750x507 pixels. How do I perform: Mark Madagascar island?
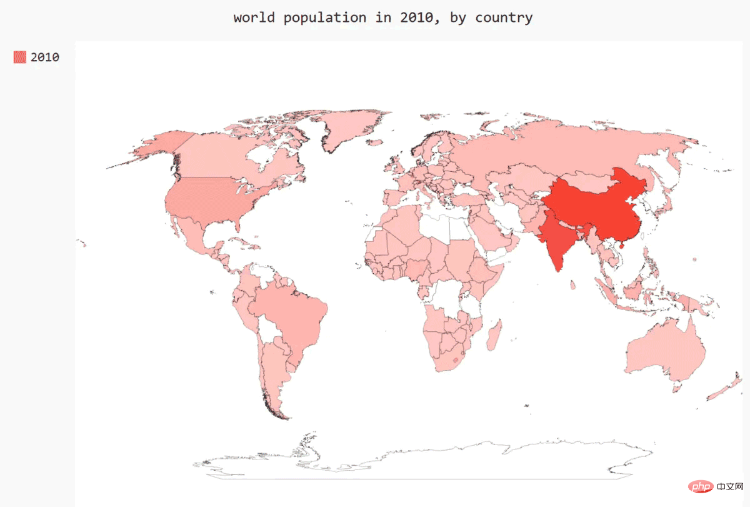[x=494, y=336]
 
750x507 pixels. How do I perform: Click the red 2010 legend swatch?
[x=20, y=57]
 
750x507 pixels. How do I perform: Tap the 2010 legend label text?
[x=45, y=57]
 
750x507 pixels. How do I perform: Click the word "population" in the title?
[x=325, y=18]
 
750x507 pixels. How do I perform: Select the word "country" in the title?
[x=504, y=18]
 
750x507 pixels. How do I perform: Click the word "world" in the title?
[x=255, y=18]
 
